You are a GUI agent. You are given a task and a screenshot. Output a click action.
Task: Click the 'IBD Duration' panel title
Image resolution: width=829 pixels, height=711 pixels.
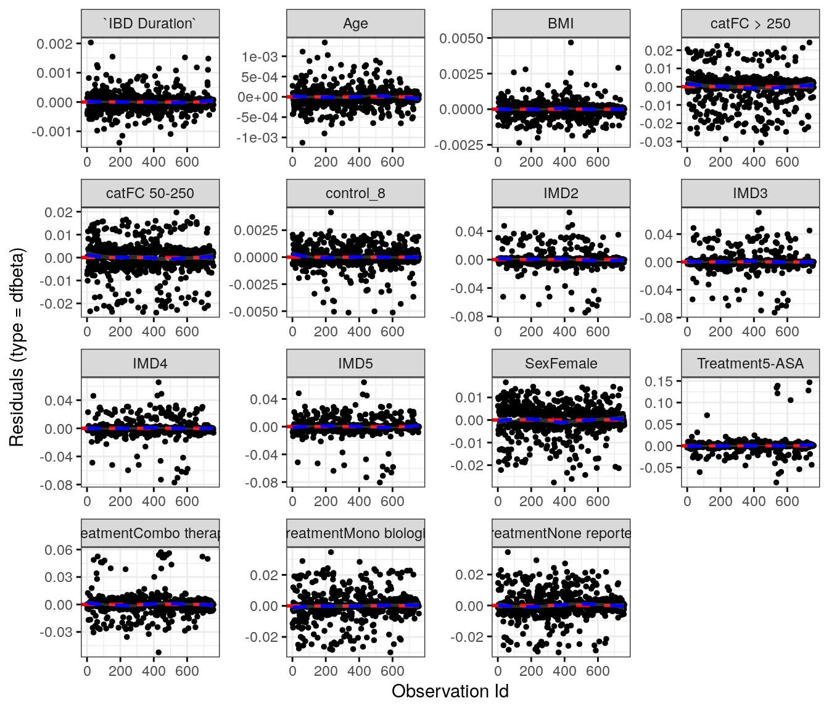(150, 23)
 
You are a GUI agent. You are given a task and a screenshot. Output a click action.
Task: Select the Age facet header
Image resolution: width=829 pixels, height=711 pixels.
(355, 23)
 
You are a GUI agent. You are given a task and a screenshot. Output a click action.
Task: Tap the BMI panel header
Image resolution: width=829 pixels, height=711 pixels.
(561, 23)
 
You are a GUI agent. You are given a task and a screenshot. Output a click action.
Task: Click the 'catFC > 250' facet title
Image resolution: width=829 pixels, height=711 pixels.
(750, 23)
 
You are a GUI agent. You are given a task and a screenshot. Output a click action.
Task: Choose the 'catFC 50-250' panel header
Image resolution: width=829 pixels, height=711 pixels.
(150, 193)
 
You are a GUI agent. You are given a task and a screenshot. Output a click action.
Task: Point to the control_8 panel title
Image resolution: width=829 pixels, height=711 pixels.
(355, 193)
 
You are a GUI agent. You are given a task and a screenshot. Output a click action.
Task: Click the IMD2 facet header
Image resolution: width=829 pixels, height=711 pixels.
(561, 193)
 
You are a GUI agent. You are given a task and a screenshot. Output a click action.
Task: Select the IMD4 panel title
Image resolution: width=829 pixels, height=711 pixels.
(150, 364)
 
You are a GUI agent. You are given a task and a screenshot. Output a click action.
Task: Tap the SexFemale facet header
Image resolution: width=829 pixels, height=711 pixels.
(561, 364)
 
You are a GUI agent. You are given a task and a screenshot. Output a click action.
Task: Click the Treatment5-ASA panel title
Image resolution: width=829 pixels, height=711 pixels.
(750, 364)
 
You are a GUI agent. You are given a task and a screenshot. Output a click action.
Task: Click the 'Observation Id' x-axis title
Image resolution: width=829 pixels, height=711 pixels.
(450, 691)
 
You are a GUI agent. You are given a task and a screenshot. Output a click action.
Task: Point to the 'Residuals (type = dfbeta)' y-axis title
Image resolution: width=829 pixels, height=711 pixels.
(17, 347)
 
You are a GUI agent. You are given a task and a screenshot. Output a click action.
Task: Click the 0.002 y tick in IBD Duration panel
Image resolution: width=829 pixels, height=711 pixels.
(54, 44)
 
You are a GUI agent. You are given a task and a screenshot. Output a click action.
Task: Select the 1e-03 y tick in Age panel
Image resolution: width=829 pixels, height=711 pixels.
(260, 57)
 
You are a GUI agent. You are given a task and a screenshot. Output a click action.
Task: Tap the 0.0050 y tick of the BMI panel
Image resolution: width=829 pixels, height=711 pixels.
(461, 39)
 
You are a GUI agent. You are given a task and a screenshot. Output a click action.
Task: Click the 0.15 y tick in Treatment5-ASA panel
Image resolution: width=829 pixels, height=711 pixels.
(659, 381)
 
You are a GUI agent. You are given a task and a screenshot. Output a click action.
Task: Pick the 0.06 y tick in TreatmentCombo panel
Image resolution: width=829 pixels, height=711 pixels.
(59, 550)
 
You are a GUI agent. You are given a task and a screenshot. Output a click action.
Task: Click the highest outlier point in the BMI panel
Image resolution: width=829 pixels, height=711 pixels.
(571, 43)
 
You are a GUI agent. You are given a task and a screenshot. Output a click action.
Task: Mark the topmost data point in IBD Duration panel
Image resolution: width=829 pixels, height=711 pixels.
(91, 43)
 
